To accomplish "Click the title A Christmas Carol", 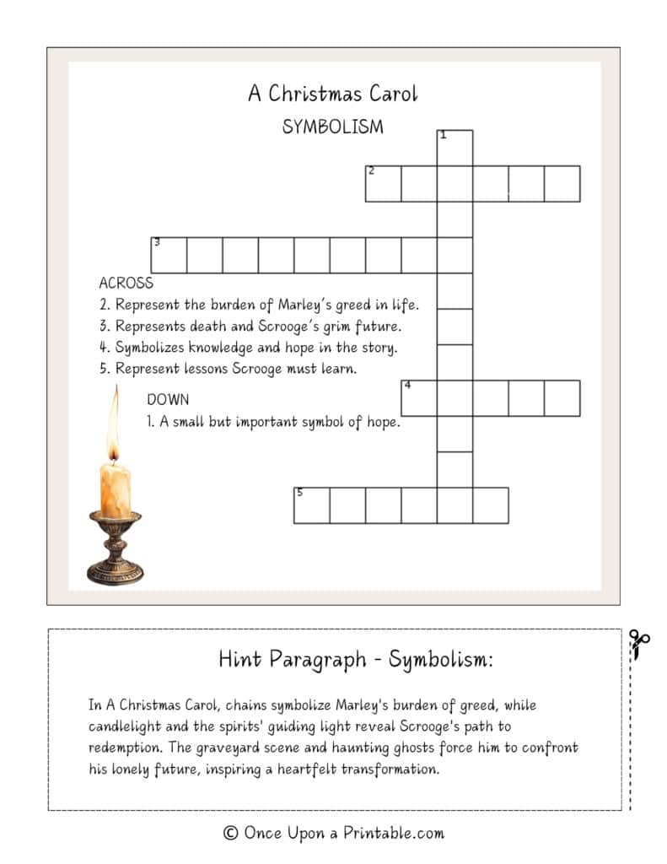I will coord(332,94).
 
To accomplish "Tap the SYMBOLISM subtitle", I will coord(332,127).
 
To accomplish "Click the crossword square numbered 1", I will coord(455,148).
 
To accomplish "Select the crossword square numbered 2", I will coord(383,184).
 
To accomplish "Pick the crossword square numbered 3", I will coord(168,255).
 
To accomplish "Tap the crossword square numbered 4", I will coord(418,398).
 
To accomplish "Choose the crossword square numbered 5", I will coord(311,505).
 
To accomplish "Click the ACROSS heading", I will coord(126,283).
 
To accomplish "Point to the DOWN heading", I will coord(168,399).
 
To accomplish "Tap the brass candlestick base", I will coord(115,557).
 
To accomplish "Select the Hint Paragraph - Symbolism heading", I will coord(356,659).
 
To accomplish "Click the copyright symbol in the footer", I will coord(230,834).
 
